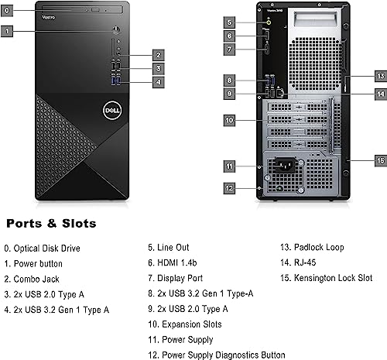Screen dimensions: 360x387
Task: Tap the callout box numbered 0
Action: tap(7, 12)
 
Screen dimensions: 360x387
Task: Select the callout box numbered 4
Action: tap(157, 82)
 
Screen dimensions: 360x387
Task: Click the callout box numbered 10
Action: tap(229, 120)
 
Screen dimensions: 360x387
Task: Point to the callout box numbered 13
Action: tap(379, 76)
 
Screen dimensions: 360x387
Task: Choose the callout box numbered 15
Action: tap(379, 159)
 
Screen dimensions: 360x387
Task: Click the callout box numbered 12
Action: tap(229, 187)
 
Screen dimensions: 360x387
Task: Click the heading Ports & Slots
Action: tap(51, 224)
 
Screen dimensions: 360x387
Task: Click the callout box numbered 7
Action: tap(229, 49)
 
